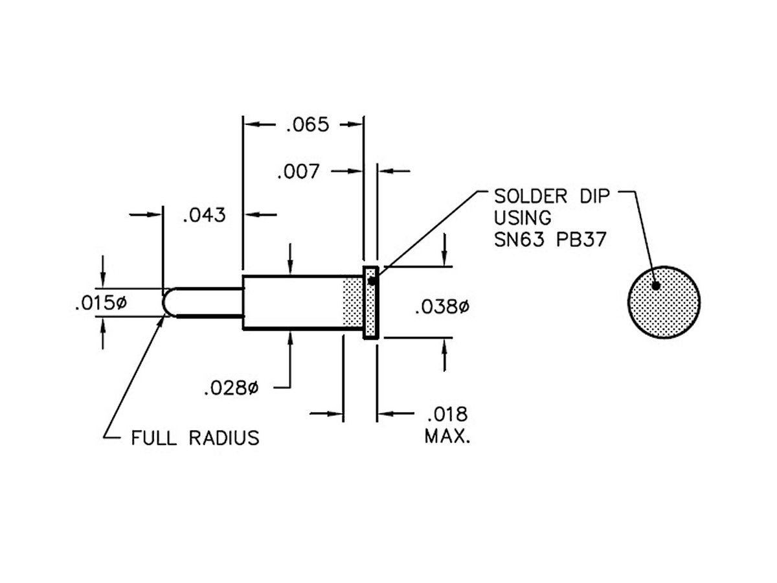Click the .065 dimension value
pos(308,124)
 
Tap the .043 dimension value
pos(205,215)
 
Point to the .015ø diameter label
pos(100,303)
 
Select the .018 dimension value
pos(447,414)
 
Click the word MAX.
pos(447,436)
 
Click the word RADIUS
pos(224,439)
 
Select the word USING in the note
pos(523,217)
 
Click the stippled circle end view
pos(664,302)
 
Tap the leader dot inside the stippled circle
pos(656,286)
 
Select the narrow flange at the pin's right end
pos(370,303)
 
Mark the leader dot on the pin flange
pos(372,280)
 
